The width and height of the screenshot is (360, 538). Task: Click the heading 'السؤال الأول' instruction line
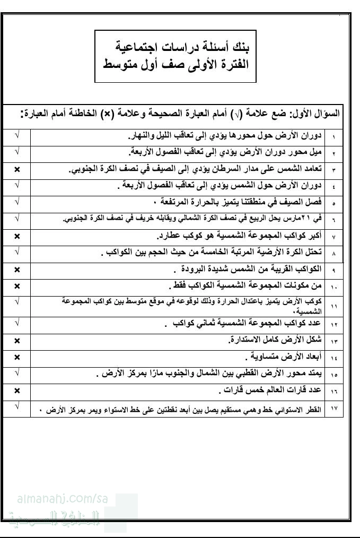pos(180,114)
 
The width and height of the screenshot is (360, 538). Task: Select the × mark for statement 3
pos(17,169)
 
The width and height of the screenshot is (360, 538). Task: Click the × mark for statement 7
pos(17,236)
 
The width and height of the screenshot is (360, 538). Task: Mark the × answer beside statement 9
pos(17,269)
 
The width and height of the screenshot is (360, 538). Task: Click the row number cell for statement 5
pos(334,203)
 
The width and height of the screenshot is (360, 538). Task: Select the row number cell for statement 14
pos(334,357)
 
